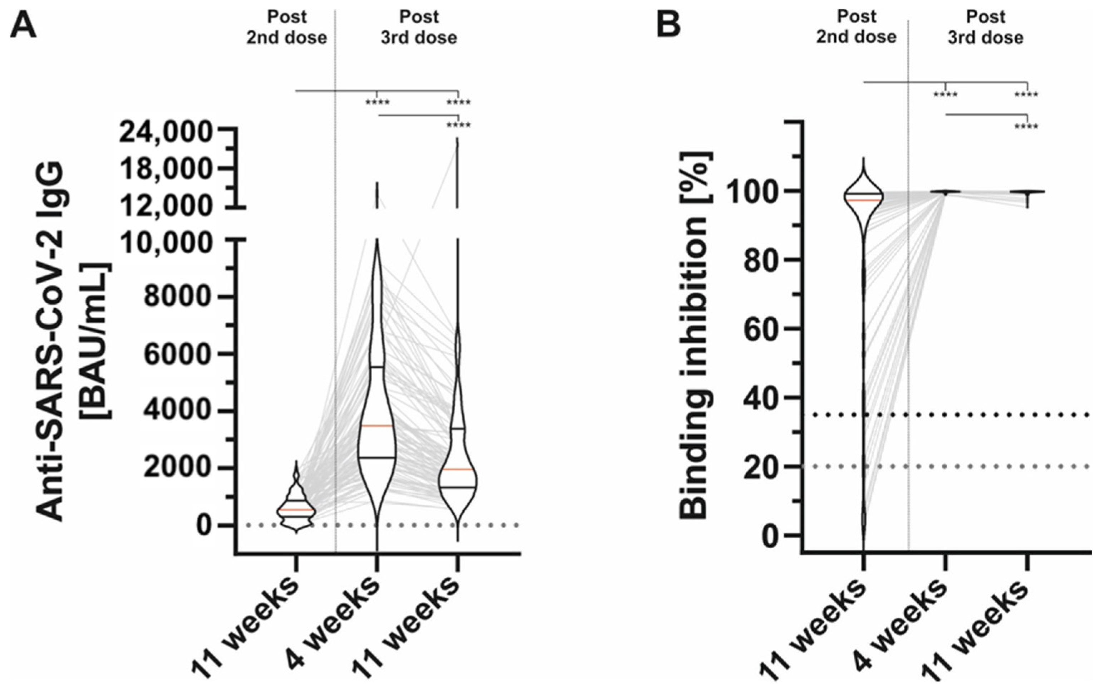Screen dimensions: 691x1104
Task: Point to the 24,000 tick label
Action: click(x=166, y=133)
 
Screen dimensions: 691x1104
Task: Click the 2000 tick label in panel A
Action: click(x=177, y=468)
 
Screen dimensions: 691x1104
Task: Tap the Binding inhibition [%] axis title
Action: click(x=695, y=336)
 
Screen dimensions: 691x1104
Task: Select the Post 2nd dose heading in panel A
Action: click(x=286, y=28)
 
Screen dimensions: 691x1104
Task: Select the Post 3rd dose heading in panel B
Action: click(x=986, y=28)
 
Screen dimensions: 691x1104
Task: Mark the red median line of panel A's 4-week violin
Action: click(x=377, y=426)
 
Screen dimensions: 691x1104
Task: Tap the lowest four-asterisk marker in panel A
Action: click(x=458, y=125)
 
